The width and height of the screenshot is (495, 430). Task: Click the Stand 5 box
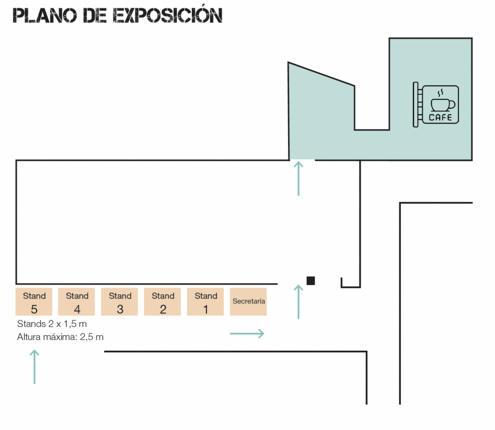(34, 301)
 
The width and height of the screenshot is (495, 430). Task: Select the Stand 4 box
(76, 301)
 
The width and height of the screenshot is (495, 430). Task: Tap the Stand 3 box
(119, 301)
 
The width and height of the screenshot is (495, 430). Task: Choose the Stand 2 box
(162, 301)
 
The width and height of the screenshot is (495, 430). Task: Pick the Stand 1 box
(205, 301)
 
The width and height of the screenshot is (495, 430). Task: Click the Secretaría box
(248, 301)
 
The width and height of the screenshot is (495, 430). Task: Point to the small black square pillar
(311, 281)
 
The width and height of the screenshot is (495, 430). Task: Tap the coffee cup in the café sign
(443, 105)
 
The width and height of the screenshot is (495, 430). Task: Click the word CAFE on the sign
(440, 118)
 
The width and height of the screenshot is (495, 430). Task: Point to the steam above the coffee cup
(440, 93)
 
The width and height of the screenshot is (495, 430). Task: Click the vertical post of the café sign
(415, 104)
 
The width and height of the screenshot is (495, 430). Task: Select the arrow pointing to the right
(247, 333)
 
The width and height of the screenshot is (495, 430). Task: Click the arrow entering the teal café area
(298, 178)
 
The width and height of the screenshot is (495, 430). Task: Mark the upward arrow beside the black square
(298, 301)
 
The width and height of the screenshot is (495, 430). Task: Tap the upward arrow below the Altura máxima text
(34, 367)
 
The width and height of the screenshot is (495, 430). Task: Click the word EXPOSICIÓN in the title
(168, 14)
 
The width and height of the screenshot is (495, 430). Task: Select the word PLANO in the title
(44, 15)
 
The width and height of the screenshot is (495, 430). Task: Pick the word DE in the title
(95, 15)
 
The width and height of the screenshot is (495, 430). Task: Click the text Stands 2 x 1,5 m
(52, 324)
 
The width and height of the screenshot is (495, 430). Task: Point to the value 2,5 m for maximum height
(91, 337)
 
